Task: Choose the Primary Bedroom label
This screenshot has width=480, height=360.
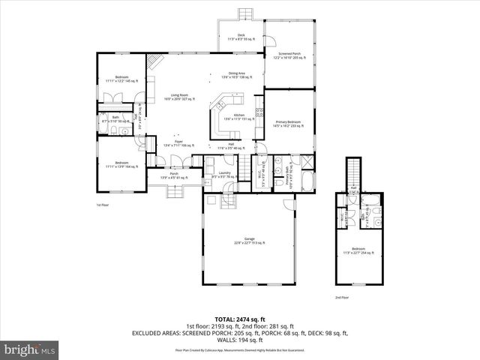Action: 288,123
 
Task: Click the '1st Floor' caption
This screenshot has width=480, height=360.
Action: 103,205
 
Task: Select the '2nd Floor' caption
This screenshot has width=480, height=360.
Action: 342,298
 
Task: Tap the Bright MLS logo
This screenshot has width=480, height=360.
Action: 30,349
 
